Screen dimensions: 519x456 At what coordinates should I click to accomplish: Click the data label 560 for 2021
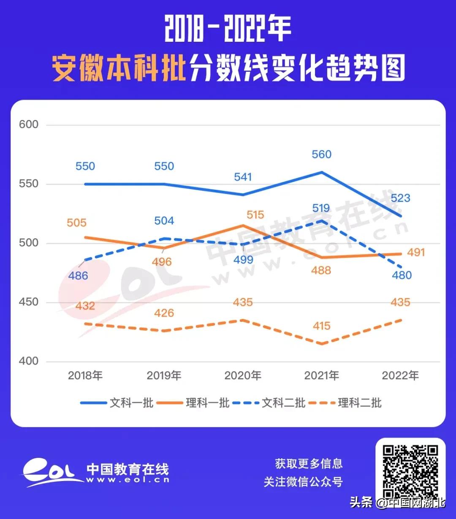[x=321, y=154]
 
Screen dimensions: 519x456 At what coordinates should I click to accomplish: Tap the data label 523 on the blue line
[x=400, y=198]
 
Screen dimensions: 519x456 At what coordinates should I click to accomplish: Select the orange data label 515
[x=255, y=215]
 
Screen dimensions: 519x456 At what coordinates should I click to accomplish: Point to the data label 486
[x=78, y=276]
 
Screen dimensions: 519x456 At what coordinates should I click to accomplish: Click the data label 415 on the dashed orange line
[x=321, y=326]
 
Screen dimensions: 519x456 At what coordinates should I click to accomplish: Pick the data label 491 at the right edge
[x=415, y=252]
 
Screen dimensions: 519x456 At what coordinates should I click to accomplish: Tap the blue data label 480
[x=401, y=275]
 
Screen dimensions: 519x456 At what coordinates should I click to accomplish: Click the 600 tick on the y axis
[x=29, y=124]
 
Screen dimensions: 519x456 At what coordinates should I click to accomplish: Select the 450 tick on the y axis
[x=29, y=302]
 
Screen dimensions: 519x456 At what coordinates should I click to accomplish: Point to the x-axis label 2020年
[x=242, y=375]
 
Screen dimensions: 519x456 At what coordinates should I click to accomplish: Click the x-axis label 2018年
[x=85, y=375]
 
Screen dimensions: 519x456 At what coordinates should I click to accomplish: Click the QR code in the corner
[x=410, y=472]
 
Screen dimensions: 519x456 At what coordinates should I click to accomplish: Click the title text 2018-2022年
[x=228, y=30]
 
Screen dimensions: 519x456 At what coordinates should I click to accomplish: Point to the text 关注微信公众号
[x=303, y=481]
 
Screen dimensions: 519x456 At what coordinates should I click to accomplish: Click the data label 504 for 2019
[x=164, y=221]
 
